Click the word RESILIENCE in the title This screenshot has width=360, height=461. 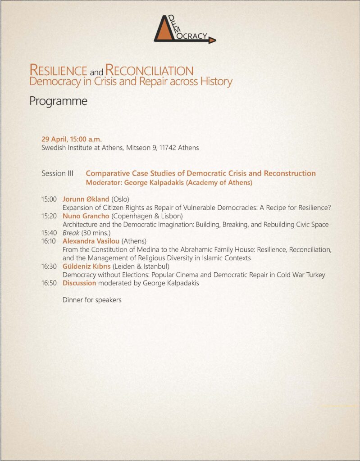(x=58, y=70)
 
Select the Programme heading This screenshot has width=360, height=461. (x=58, y=101)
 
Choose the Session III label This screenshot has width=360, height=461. (x=57, y=173)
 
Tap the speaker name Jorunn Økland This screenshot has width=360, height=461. (x=86, y=199)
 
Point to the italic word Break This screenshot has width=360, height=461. (x=71, y=233)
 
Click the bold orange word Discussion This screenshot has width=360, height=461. (x=79, y=283)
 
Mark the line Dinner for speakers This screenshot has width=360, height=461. (x=92, y=300)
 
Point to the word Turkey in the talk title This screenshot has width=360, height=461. (x=315, y=275)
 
